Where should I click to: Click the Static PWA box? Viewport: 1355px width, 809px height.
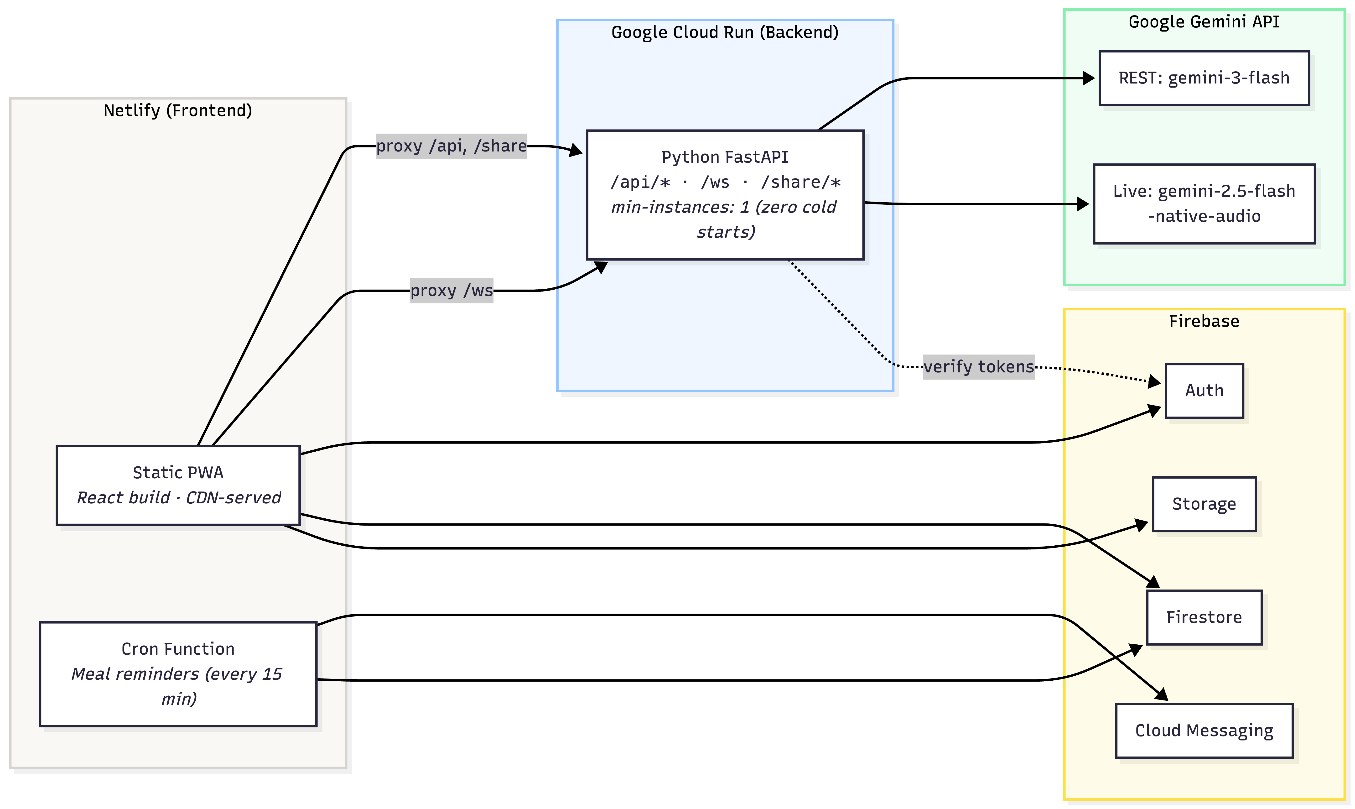[x=178, y=485]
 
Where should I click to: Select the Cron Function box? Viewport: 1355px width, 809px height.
[x=178, y=674]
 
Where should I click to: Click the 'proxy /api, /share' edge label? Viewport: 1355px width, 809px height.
[x=451, y=146]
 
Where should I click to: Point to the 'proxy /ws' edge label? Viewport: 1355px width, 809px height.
[x=451, y=291]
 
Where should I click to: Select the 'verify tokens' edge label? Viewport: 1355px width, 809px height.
[x=979, y=366]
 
